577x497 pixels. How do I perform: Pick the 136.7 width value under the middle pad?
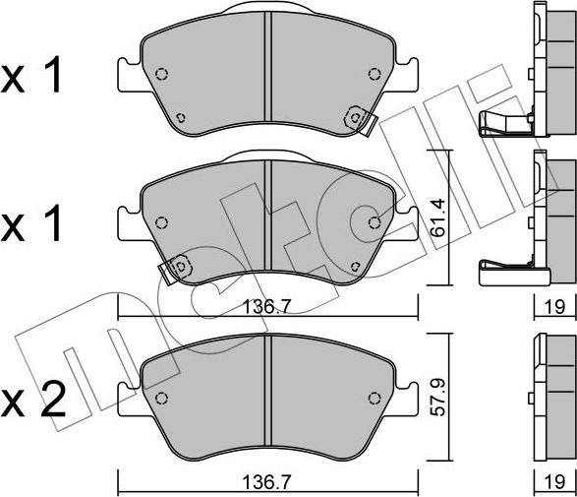(x=266, y=308)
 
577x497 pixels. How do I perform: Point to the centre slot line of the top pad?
(x=266, y=74)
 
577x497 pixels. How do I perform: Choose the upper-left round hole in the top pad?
(x=162, y=74)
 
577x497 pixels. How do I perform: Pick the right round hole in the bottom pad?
(x=373, y=398)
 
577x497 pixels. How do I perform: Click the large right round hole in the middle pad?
(x=375, y=222)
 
